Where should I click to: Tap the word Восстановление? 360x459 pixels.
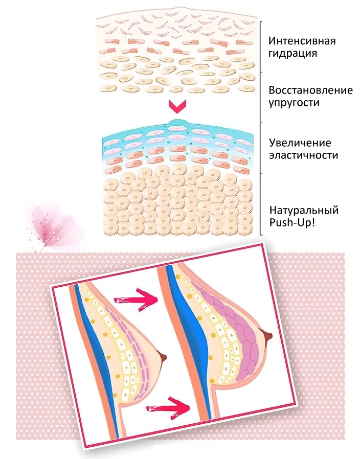tap(310, 90)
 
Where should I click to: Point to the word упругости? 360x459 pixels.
tap(294, 103)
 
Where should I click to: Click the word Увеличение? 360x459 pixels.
tap(297, 142)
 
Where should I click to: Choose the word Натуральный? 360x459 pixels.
tap(303, 211)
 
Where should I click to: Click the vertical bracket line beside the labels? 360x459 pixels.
tap(261, 128)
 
